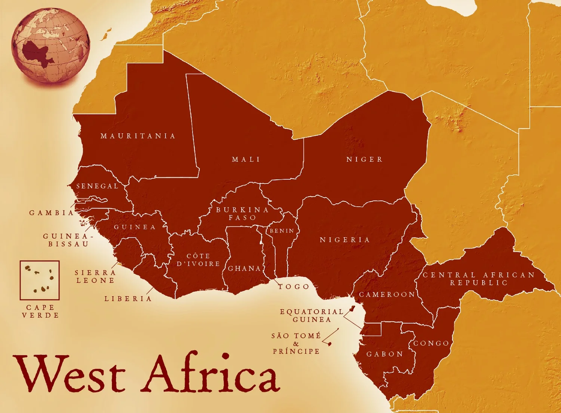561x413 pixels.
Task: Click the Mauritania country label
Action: coord(138,136)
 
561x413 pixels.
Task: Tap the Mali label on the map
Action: coord(246,160)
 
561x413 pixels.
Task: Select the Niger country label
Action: coord(364,160)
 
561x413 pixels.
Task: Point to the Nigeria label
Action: coord(344,240)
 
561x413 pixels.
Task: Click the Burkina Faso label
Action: coord(242,213)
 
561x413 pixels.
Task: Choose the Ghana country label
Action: coord(244,268)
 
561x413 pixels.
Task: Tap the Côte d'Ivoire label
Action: coord(198,260)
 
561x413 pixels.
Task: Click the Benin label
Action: coord(282,231)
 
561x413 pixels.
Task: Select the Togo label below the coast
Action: coord(294,287)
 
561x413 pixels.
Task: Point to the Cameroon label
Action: coord(387,295)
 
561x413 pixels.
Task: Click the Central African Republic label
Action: coord(479,279)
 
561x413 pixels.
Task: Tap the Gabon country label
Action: coord(385,354)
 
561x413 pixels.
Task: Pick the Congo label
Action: coord(431,343)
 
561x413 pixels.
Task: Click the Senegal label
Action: coord(97,186)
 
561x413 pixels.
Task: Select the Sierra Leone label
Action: coord(95,276)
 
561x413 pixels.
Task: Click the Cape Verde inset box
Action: coord(40,280)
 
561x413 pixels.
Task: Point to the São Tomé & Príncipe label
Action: coord(296,343)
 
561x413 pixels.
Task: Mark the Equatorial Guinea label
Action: coord(312,316)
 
